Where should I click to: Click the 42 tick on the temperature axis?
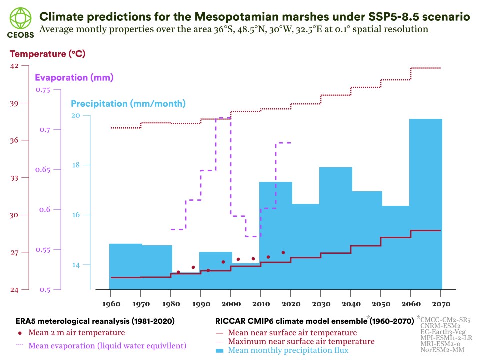(x=14, y=66)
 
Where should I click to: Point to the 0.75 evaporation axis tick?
(x=43, y=90)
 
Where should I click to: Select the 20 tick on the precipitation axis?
(x=76, y=115)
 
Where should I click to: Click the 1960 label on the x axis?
(x=110, y=304)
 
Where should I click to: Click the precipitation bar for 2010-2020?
(x=275, y=235)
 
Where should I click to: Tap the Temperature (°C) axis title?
(x=47, y=54)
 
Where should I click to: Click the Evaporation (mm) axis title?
(x=74, y=78)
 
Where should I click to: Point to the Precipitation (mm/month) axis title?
(x=128, y=104)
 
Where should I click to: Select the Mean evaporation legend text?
(x=107, y=345)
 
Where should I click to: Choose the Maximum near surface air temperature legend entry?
(x=301, y=341)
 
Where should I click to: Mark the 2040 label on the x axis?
(x=350, y=304)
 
